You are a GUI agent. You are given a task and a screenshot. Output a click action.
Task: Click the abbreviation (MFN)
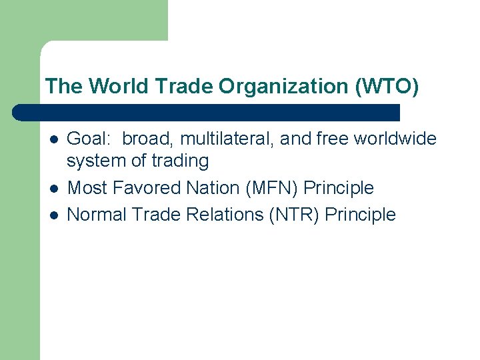pyautogui.click(x=272, y=188)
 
